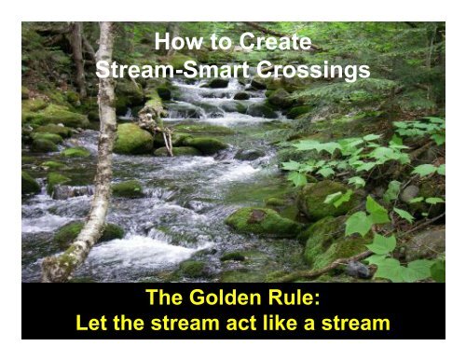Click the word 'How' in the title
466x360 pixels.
click(x=175, y=45)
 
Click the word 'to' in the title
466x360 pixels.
click(x=213, y=45)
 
